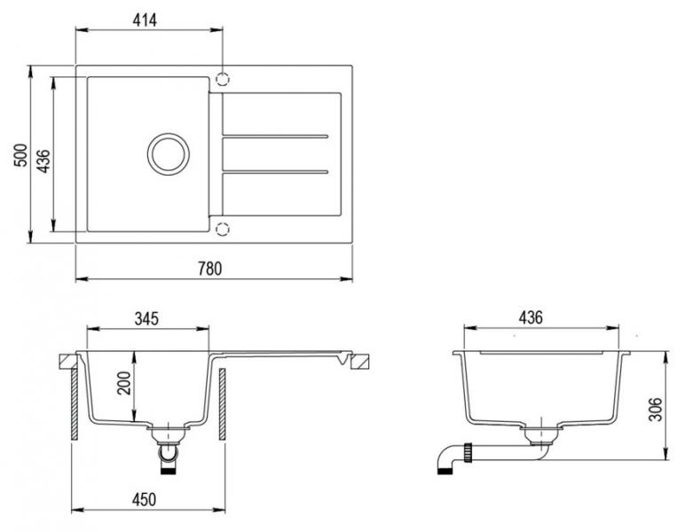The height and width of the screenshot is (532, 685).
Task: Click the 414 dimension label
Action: (145, 20)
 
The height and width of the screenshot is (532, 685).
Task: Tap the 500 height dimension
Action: (20, 155)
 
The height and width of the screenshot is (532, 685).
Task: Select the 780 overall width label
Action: (210, 269)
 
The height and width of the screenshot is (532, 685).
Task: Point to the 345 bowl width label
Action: (146, 318)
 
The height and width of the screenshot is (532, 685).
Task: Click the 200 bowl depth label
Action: (124, 383)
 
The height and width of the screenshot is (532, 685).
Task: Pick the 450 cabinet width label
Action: (144, 499)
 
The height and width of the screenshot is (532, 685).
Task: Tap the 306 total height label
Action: (656, 410)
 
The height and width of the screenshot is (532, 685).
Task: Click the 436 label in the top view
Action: (43, 161)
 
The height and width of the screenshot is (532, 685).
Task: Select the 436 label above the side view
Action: (531, 317)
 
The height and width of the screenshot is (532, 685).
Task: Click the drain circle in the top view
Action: (169, 154)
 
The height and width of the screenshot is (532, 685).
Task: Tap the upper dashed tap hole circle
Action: (223, 79)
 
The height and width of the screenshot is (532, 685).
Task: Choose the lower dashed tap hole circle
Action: (223, 229)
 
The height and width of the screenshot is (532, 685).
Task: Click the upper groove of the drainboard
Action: (275, 137)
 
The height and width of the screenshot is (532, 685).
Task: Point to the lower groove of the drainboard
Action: (275, 171)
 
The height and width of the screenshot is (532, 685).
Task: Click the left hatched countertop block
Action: (68, 362)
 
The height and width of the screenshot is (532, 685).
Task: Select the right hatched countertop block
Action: (360, 362)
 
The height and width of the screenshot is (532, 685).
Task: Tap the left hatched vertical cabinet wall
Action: (75, 404)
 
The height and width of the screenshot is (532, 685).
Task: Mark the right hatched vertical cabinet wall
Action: (222, 404)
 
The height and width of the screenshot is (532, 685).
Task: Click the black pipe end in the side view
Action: (445, 471)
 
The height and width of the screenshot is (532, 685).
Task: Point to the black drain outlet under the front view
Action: (169, 471)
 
